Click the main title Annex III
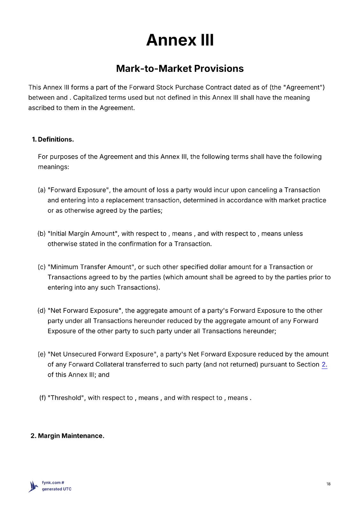click(x=180, y=40)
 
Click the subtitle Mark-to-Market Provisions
click(x=180, y=68)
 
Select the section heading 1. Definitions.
click(x=53, y=139)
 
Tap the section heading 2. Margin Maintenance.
click(x=67, y=436)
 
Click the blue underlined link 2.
click(x=324, y=365)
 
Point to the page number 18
click(x=328, y=484)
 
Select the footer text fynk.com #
click(x=53, y=483)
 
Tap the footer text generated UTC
click(x=57, y=489)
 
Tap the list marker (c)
click(x=42, y=267)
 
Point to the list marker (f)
click(x=43, y=398)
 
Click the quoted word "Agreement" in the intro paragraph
click(x=304, y=87)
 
